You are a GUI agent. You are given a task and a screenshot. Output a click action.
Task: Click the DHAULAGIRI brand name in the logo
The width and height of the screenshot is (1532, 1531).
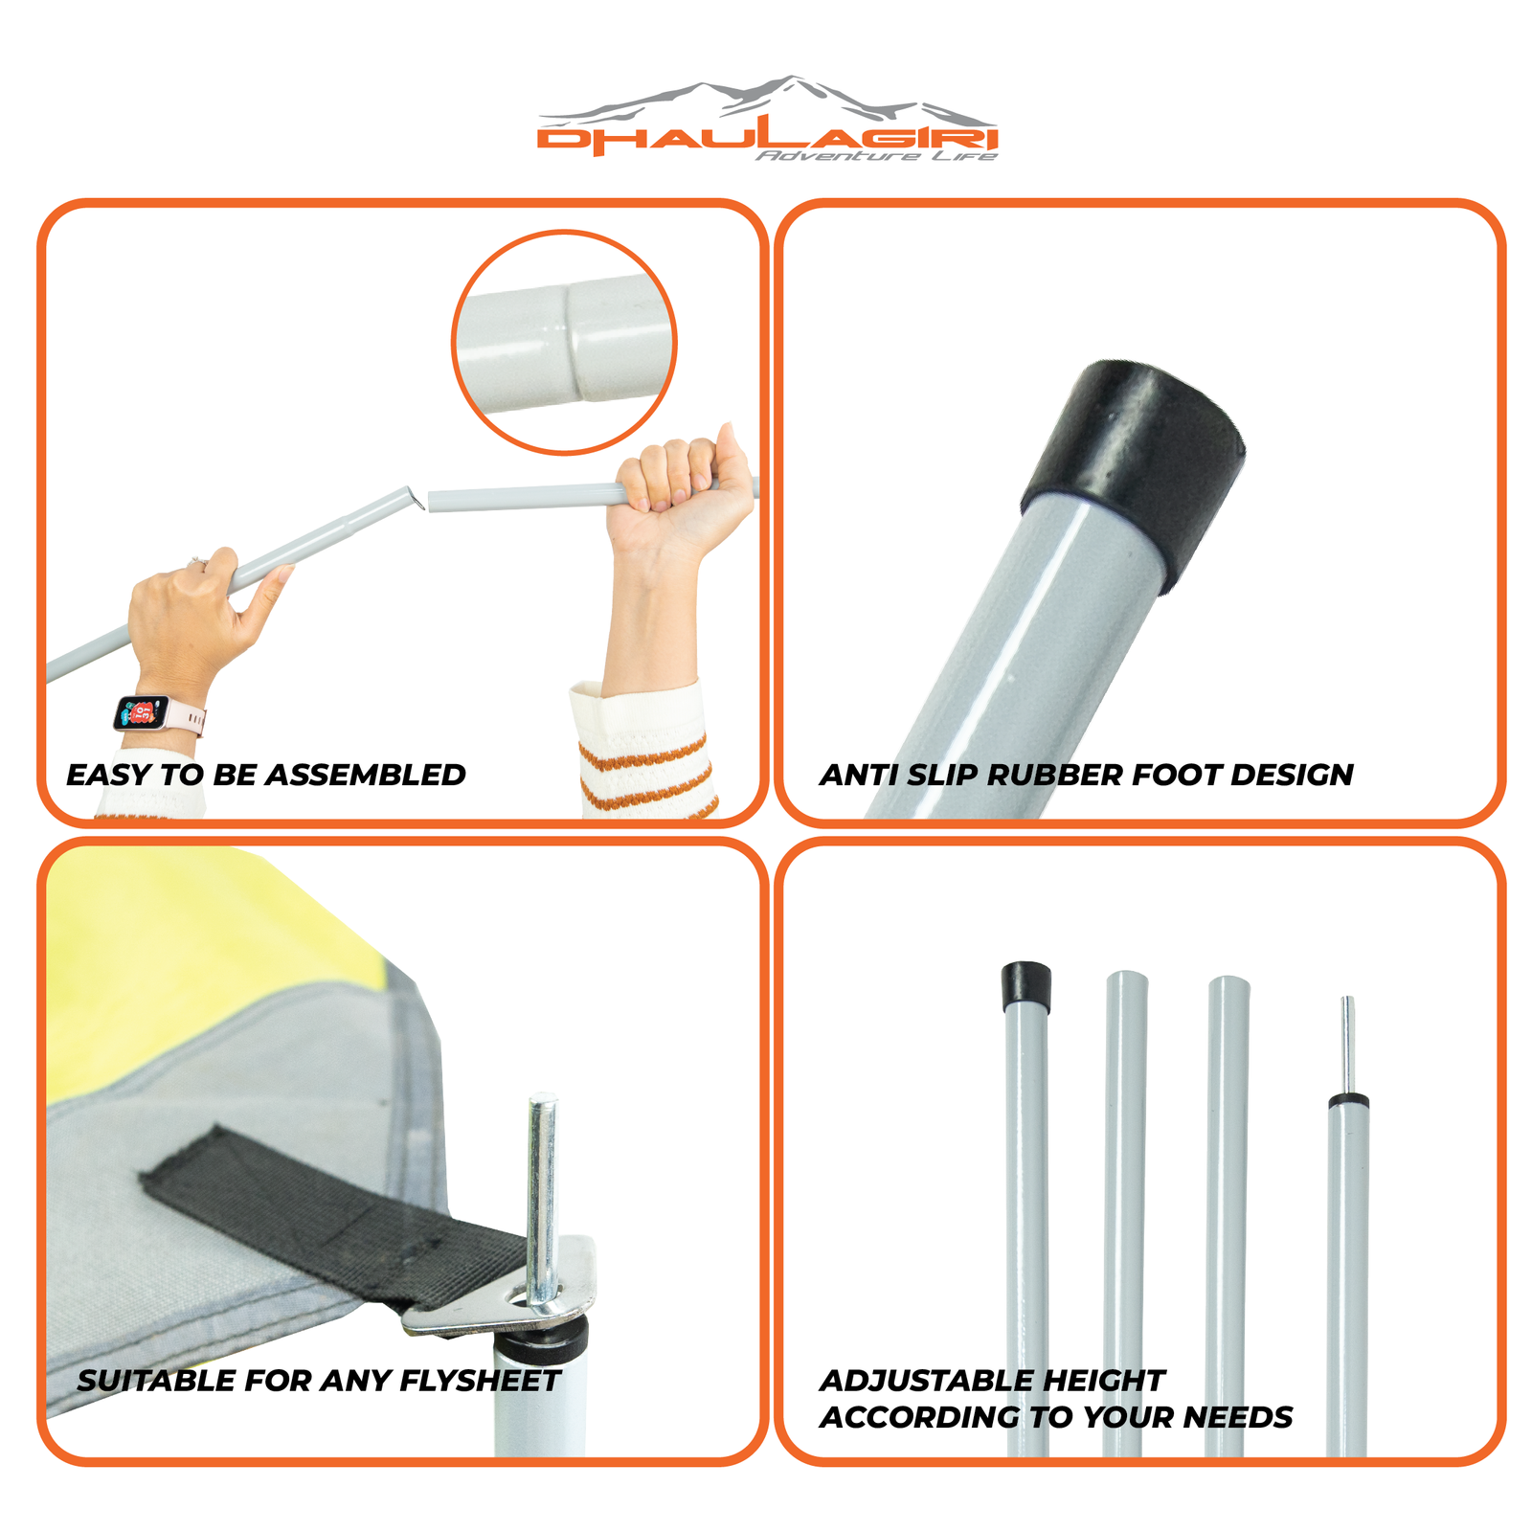point(767,139)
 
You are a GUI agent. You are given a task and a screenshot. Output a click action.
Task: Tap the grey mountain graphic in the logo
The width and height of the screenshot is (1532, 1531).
point(766,100)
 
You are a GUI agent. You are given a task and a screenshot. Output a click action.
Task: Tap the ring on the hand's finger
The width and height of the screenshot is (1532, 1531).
point(199,561)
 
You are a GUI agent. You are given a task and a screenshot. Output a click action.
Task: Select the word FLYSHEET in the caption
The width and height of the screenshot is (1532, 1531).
point(480,1381)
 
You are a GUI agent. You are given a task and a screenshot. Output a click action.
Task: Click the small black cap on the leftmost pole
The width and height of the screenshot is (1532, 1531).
point(1025,987)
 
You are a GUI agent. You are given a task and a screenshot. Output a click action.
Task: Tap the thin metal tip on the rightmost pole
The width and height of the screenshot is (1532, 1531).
point(1347,1044)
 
